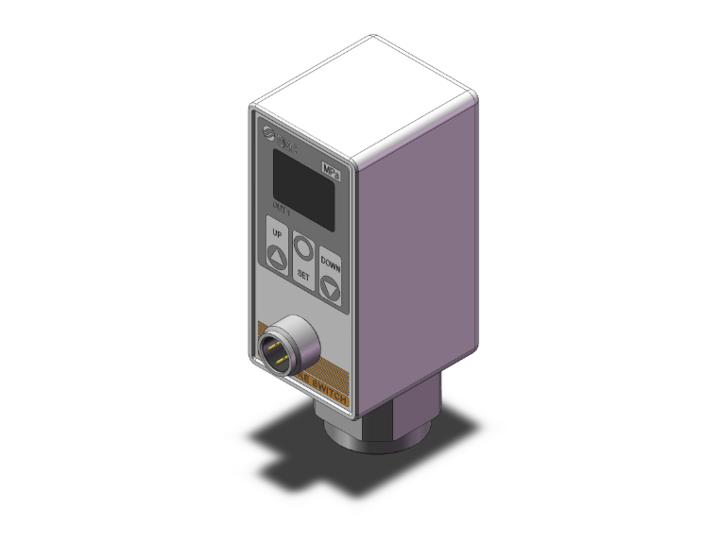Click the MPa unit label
(331, 171)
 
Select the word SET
(303, 275)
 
